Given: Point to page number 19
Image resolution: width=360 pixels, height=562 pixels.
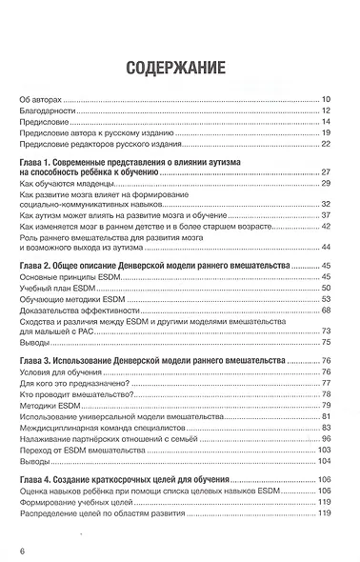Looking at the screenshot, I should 325,133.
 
